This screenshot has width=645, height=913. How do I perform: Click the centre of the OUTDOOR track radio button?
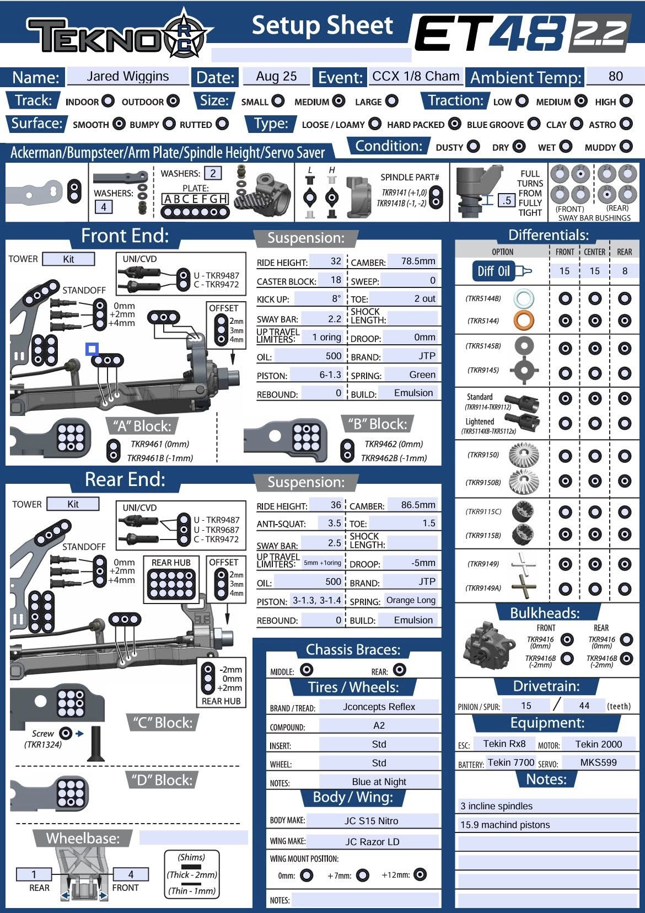pos(173,100)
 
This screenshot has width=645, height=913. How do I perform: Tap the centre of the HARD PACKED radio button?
pos(455,124)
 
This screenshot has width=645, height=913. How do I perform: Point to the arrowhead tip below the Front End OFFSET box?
pos(233,365)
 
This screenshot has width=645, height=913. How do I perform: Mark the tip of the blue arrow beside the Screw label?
pos(83,734)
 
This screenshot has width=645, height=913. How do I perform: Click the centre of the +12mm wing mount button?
pos(420,874)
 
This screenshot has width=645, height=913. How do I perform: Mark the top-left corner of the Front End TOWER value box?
pos(43,252)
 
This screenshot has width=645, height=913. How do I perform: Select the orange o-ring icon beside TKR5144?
pos(524,320)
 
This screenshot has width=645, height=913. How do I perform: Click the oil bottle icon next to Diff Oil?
pos(523,271)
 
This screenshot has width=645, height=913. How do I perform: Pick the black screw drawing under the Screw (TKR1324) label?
pos(96,744)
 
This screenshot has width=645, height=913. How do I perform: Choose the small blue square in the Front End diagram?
pos(92,349)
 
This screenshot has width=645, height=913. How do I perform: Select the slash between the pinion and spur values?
pos(557,704)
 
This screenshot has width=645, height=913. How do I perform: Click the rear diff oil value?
pos(625,271)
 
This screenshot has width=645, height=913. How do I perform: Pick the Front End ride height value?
pos(336,261)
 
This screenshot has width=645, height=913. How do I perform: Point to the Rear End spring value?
pos(411,600)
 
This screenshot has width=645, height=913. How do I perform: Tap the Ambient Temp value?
pos(616,76)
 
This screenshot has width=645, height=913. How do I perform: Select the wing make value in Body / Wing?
pos(372,842)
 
